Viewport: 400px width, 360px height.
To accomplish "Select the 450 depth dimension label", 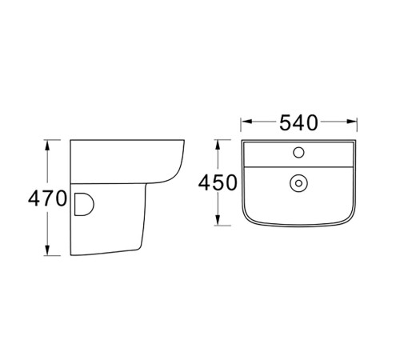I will tap(218, 183).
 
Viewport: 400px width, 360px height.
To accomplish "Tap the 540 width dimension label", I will tap(298, 122).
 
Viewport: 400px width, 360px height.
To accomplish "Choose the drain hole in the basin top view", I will tap(299, 182).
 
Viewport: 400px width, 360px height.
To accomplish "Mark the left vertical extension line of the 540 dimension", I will tap(242, 128).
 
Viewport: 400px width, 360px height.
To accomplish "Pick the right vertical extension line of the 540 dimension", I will tap(356, 128).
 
